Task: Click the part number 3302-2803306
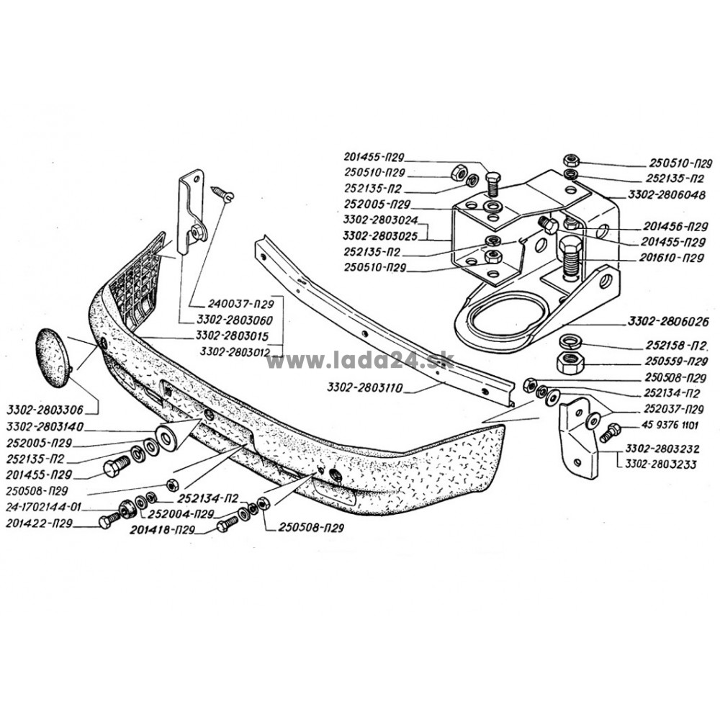coord(45,410)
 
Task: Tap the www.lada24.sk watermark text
coord(361,361)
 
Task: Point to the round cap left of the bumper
coord(53,358)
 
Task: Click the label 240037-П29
coord(240,304)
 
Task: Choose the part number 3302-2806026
coord(668,321)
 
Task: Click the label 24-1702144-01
coord(44,507)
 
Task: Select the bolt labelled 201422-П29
coord(109,521)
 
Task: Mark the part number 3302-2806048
coord(667,195)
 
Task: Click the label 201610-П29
coord(671,258)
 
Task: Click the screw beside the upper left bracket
coord(222,193)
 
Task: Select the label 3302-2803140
coord(45,427)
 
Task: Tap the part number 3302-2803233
coord(661,464)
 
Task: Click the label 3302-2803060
coord(235,320)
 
